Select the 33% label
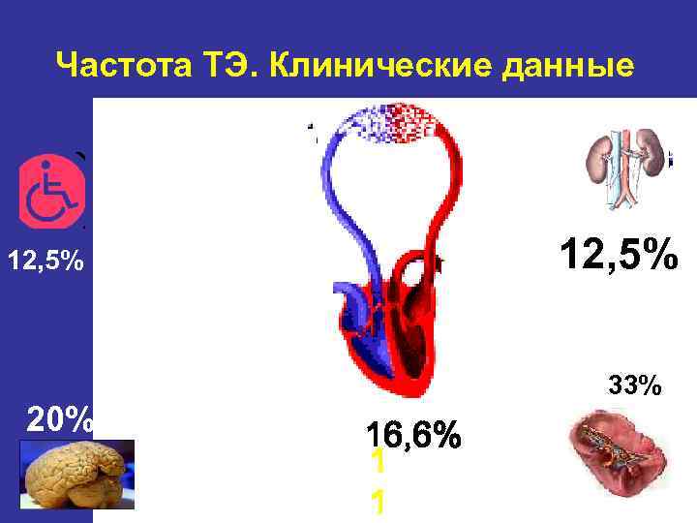tap(635, 386)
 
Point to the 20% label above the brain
tap(60, 418)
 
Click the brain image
tap(76, 474)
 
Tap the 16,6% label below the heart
tap(413, 435)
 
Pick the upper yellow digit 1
tap(379, 462)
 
